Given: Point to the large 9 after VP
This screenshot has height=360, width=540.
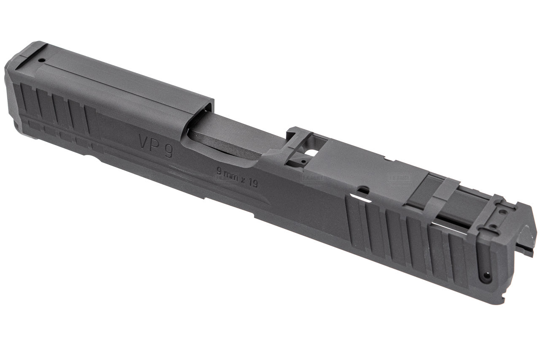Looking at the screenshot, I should [x=168, y=151].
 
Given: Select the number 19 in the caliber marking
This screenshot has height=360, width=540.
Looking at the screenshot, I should [x=253, y=182].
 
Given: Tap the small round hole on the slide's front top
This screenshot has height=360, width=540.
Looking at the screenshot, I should [x=41, y=60].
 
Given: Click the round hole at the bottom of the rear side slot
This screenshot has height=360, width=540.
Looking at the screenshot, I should [x=486, y=277].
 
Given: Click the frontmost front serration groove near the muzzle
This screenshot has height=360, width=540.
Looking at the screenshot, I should [x=27, y=100].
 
